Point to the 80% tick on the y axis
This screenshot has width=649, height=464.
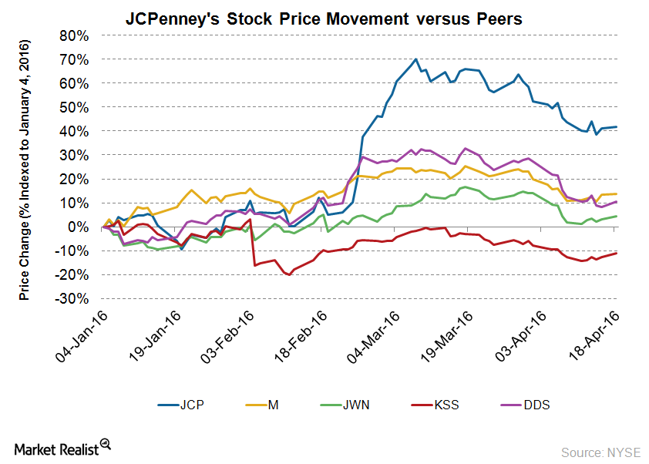[x=78, y=35]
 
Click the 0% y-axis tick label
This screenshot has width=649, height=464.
[x=82, y=227]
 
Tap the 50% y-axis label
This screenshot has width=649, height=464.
[x=78, y=107]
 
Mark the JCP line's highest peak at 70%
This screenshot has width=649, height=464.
[x=416, y=59]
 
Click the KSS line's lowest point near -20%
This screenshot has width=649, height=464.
[x=289, y=274]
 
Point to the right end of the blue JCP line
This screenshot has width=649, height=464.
[x=617, y=127]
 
